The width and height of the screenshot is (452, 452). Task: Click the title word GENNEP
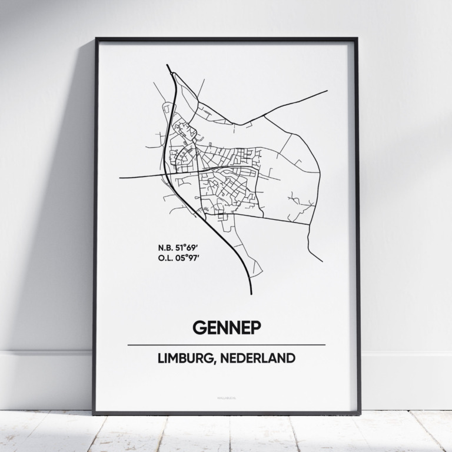coord(226,327)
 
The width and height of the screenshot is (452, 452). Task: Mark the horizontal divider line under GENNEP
coord(226,344)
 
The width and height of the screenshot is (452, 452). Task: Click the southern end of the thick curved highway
coord(251,293)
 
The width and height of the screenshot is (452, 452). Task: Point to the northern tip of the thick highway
coord(168,65)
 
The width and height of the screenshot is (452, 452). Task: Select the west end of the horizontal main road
coord(119,177)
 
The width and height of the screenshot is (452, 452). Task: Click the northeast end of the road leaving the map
coord(327,91)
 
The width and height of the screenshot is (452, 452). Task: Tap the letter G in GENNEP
coord(198,327)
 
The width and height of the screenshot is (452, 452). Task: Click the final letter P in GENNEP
coord(254,327)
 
